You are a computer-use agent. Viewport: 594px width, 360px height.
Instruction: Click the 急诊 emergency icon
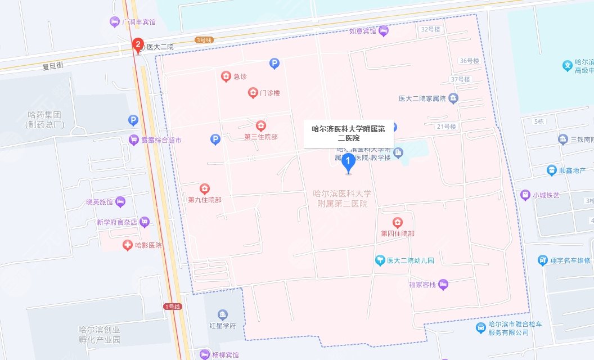pos(226,76)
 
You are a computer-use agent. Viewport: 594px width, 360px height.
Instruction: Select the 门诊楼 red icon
pos(253,92)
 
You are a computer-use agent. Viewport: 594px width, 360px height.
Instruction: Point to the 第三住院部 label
pos(260,137)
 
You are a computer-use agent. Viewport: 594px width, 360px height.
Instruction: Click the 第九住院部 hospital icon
pos(204,188)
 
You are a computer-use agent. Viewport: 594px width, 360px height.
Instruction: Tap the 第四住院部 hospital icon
pos(398,223)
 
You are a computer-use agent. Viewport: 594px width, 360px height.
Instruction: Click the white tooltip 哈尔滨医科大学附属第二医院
pos(349,133)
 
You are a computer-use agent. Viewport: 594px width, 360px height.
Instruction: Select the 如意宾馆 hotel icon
pos(384,31)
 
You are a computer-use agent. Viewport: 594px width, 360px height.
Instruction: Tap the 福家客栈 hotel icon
pos(444,284)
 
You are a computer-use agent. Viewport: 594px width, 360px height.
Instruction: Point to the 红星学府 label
pos(222,326)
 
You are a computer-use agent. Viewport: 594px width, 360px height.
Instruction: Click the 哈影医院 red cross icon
pos(128,245)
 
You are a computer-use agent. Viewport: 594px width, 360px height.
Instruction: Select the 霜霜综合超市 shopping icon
pos(133,140)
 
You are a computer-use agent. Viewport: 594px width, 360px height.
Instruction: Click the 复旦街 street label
pos(53,66)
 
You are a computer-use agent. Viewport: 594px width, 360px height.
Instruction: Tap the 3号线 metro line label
pos(202,40)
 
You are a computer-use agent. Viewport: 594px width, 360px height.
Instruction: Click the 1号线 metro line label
pos(172,307)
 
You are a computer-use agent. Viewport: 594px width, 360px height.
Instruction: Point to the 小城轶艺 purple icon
pos(525,195)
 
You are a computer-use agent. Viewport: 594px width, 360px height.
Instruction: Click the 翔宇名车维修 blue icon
pos(542,260)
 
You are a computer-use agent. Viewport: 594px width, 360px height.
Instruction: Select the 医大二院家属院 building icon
pos(453,98)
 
